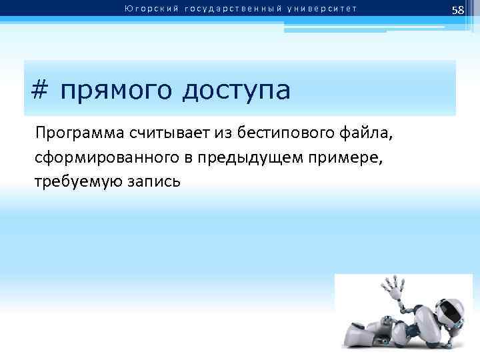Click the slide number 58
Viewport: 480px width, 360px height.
click(457, 10)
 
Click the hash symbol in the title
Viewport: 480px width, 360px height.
click(40, 90)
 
